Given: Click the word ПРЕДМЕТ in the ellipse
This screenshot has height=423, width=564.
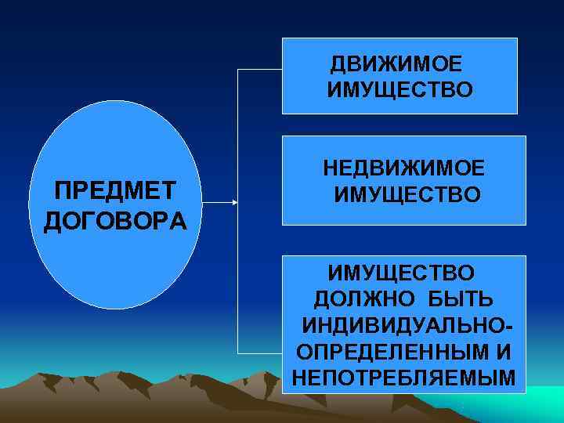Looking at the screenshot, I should click(114, 190).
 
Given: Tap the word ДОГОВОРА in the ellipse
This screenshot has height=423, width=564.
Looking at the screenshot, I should click(115, 220).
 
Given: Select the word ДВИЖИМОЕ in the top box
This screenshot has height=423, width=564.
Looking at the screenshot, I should click(396, 63).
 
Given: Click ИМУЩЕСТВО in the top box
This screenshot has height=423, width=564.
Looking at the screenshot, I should click(400, 92).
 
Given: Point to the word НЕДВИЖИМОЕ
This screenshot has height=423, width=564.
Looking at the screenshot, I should click(404, 166).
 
